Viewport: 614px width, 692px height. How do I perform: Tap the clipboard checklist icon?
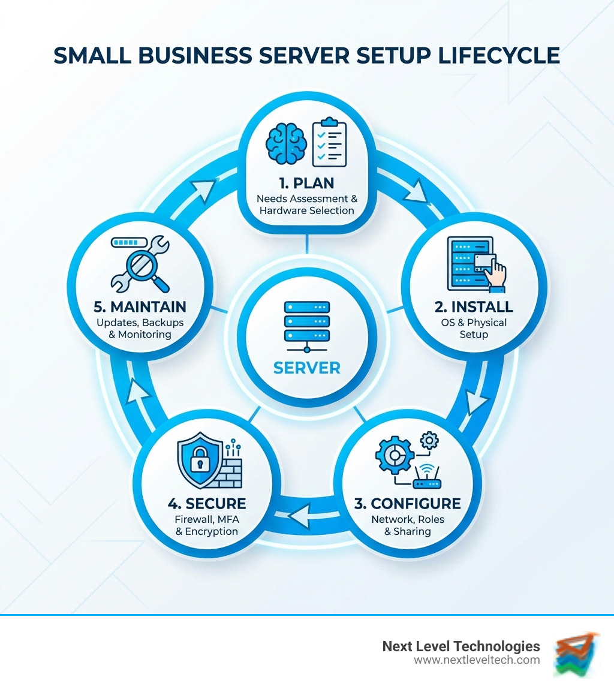coord(329,142)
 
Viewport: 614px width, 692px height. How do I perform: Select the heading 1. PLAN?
coord(306,182)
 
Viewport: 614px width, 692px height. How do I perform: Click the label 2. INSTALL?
coord(474,306)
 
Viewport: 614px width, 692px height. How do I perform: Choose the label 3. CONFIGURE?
coord(408,503)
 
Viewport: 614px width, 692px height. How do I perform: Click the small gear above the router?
coord(430,441)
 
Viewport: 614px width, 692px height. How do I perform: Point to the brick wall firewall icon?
coord(228,471)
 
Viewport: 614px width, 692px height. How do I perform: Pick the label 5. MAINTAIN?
coord(140,306)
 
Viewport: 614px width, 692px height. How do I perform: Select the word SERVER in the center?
coord(306,367)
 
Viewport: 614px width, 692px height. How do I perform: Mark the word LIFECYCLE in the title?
coord(491,55)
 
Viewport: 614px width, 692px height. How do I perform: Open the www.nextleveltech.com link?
coord(477,660)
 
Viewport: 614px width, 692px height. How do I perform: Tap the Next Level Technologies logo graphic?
coord(576,653)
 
